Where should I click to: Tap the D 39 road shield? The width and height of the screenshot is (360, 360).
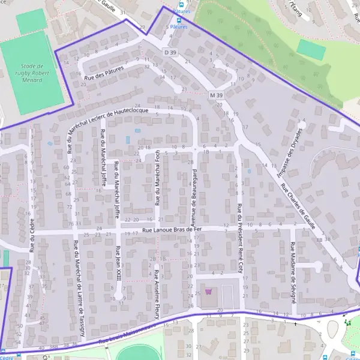170,53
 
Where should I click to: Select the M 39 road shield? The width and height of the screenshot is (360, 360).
217,95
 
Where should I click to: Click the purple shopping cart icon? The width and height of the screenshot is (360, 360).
208,292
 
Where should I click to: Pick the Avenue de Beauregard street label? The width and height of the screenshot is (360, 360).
194,191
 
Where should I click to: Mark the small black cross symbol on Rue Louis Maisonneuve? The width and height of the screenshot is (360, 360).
295,323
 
